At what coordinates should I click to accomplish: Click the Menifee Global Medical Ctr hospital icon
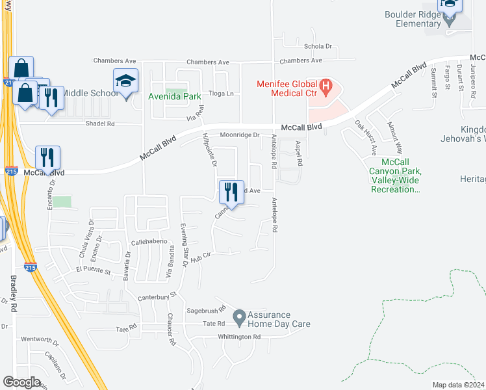(326, 85)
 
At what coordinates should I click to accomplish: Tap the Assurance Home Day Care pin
(240, 318)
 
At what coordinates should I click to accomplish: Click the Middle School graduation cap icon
(126, 81)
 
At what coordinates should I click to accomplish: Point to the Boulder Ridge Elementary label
(412, 19)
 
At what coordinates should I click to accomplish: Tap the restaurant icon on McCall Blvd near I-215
(47, 157)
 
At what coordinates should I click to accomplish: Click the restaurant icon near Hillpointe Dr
(231, 192)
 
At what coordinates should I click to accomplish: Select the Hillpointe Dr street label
(209, 149)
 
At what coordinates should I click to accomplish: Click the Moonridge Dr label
(240, 135)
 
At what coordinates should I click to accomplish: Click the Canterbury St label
(158, 297)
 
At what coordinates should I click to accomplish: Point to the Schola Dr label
(318, 47)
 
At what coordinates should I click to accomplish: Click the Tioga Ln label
(221, 94)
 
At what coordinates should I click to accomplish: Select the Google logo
(22, 382)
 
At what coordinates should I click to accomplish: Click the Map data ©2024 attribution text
(458, 385)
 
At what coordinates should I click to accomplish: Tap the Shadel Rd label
(101, 123)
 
